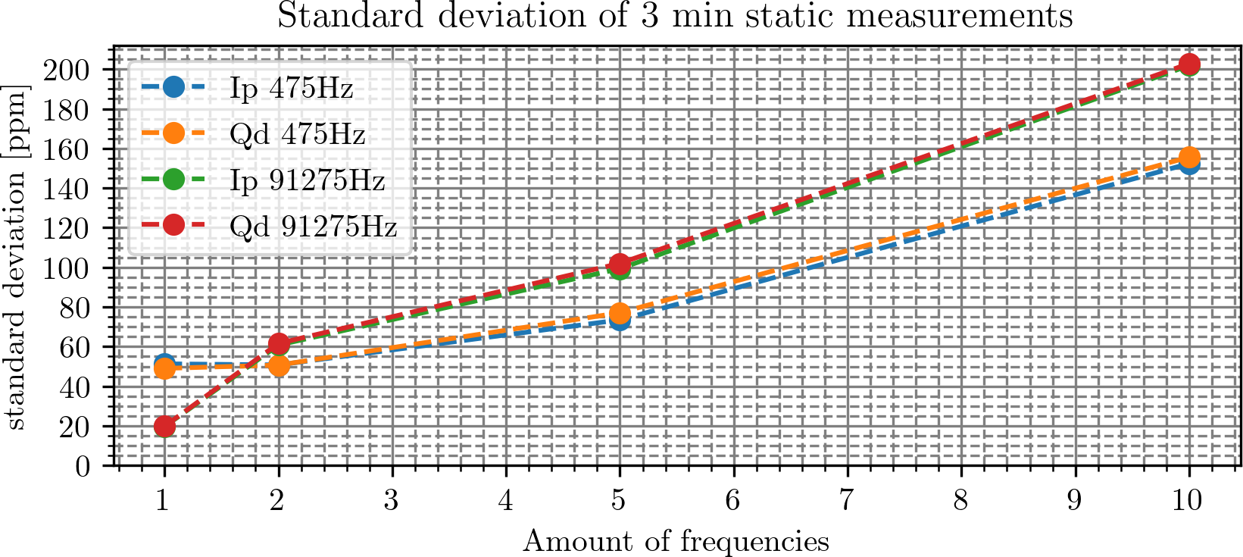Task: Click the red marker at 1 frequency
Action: click(164, 427)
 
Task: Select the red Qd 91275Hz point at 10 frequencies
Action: click(1189, 64)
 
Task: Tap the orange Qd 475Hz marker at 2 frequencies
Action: click(279, 365)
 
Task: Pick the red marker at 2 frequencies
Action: click(279, 344)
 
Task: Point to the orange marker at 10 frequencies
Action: click(1189, 158)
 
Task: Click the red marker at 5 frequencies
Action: click(620, 264)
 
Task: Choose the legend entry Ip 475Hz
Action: click(292, 89)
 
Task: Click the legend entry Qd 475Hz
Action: click(298, 134)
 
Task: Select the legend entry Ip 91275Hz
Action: click(308, 180)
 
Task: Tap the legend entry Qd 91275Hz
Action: click(314, 226)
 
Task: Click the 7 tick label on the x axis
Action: click(847, 501)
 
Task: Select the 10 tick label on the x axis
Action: click(1188, 501)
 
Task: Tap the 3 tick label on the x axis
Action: click(392, 501)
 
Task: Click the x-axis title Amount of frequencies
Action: click(676, 542)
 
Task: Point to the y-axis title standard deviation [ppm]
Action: click(16, 258)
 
